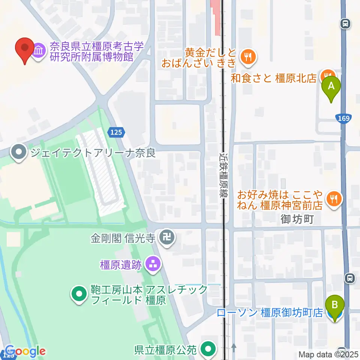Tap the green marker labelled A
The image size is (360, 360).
(331, 87)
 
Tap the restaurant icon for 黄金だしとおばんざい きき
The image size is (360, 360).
(247, 57)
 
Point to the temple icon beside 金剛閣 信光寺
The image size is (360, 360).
(165, 237)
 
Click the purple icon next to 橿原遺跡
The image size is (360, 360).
(152, 265)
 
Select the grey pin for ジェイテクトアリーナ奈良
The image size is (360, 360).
(18, 153)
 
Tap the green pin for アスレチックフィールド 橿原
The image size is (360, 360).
(79, 294)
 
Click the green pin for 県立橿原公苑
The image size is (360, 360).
(207, 349)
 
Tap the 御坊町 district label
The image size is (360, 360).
(297, 219)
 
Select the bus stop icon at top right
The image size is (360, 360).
(345, 24)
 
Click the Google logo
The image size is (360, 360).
(25, 351)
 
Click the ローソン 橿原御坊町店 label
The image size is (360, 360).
(270, 313)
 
